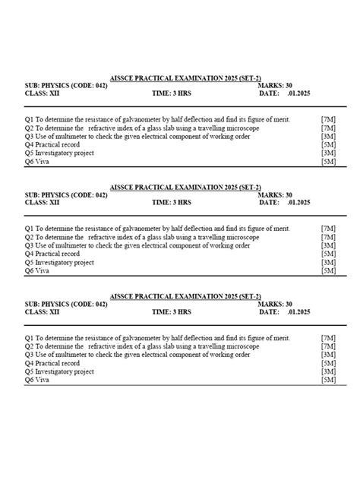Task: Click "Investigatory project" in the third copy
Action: tap(65, 371)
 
